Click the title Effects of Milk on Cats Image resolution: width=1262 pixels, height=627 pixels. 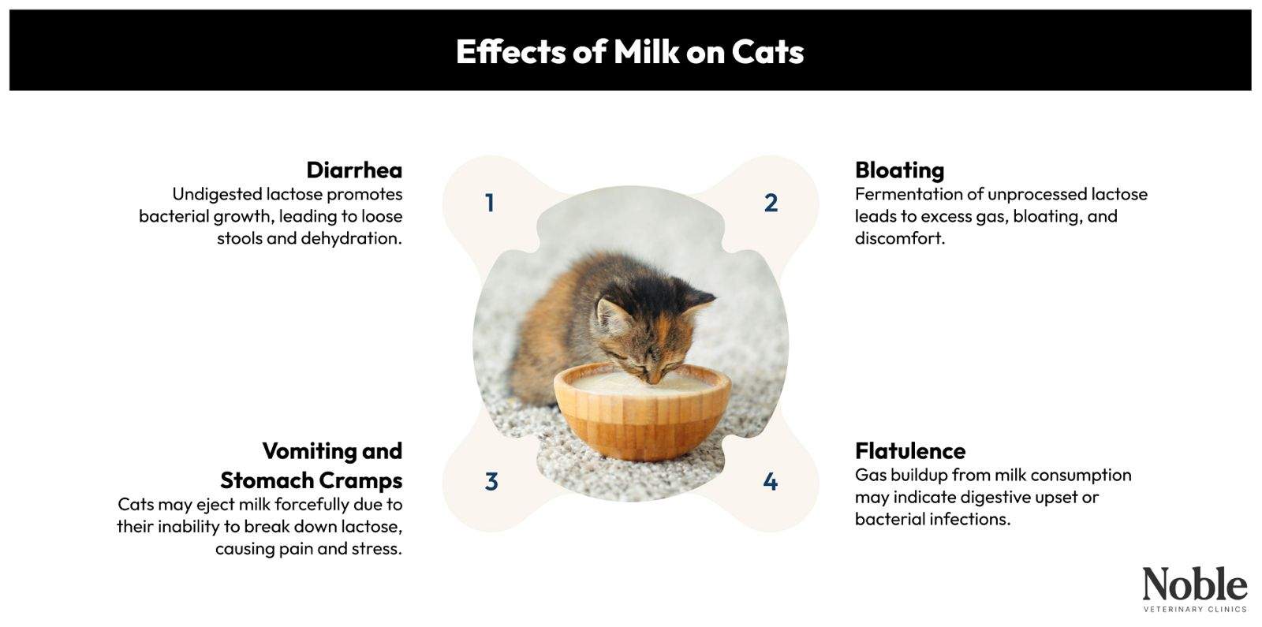[629, 52]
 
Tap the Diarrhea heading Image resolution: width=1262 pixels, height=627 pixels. [353, 170]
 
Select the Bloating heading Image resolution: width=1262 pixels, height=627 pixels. [899, 170]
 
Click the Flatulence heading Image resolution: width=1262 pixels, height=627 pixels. [909, 451]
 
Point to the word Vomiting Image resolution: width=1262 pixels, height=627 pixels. [300, 451]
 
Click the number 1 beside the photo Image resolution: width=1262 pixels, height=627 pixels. [490, 203]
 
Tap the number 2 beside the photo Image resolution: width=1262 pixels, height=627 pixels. [771, 203]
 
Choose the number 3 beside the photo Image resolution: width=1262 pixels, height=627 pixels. [491, 482]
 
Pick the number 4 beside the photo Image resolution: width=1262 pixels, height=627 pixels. [771, 482]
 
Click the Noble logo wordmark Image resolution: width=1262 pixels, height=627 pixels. [1194, 585]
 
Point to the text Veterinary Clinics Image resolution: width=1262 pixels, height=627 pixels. [1194, 610]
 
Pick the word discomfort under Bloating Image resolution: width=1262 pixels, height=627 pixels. [899, 238]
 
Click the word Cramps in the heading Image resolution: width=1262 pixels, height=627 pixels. [360, 480]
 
